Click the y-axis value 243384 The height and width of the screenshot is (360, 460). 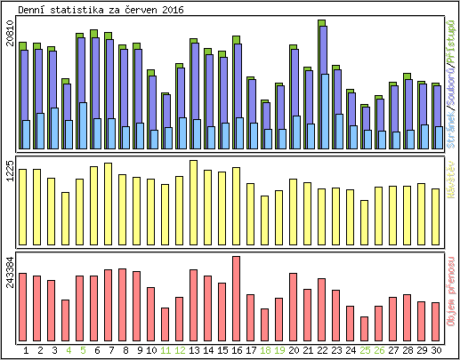click(10, 271)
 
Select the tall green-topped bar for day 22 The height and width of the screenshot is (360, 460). click(321, 84)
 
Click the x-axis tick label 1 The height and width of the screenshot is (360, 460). click(26, 350)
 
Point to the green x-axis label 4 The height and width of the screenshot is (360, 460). click(69, 350)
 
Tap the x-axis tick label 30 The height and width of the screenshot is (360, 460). click(436, 350)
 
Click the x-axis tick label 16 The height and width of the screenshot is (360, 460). click(236, 350)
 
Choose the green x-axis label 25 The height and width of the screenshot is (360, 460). click(365, 350)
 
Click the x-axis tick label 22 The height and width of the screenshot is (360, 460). click(322, 350)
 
